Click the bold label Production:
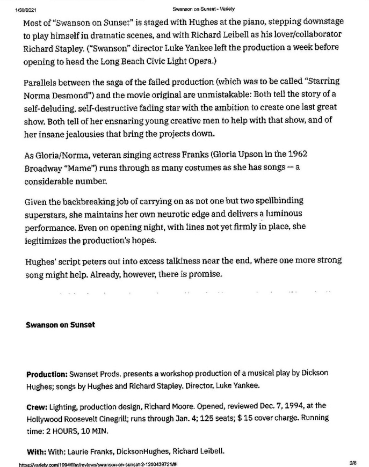(x=46, y=373)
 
